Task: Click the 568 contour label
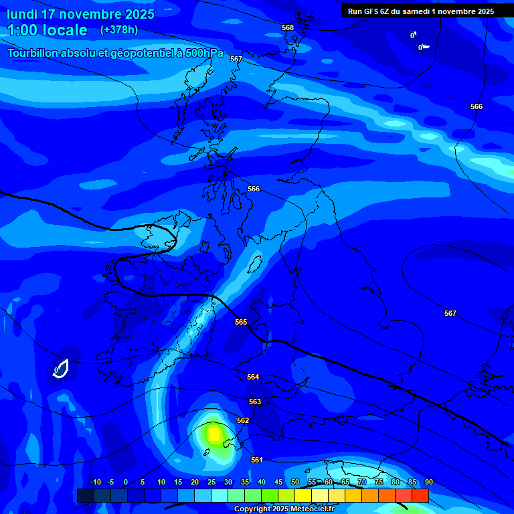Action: [288, 27]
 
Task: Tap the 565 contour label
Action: [241, 322]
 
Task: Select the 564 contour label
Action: [253, 377]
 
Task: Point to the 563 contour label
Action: [255, 402]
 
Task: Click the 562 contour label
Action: [243, 420]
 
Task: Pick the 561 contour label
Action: [257, 460]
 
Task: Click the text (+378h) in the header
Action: [118, 30]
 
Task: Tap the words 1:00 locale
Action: [47, 30]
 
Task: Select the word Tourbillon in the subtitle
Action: [34, 53]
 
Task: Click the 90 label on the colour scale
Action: [428, 483]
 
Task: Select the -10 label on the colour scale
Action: [95, 483]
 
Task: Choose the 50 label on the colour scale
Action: [295, 483]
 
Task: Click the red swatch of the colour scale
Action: [420, 495]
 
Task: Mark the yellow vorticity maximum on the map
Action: [213, 434]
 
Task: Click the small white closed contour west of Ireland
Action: [62, 368]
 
